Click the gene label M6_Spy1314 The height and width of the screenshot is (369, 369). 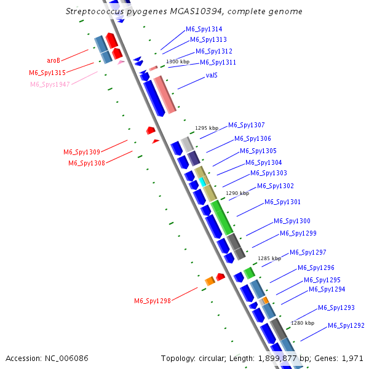click(x=204, y=30)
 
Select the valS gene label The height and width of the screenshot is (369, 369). click(x=212, y=76)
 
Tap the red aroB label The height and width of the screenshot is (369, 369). click(x=54, y=60)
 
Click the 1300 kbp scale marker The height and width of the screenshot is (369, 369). click(x=178, y=62)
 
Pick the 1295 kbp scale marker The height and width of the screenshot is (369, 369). click(x=207, y=129)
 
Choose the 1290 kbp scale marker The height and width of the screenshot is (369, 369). click(x=237, y=193)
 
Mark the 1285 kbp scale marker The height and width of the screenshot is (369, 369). click(x=269, y=259)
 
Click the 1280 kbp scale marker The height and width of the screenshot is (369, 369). click(x=303, y=323)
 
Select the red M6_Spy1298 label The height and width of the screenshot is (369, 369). click(x=153, y=301)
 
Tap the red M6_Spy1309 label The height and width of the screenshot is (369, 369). click(x=82, y=152)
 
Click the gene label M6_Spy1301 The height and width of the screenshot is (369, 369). click(x=282, y=202)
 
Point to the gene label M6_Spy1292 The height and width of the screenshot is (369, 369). click(x=346, y=325)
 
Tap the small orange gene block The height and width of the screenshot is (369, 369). click(x=210, y=281)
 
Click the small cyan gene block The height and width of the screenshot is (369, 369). click(x=201, y=182)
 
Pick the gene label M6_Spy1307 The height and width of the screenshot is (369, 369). click(x=247, y=125)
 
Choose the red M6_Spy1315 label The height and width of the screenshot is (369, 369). click(x=47, y=73)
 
